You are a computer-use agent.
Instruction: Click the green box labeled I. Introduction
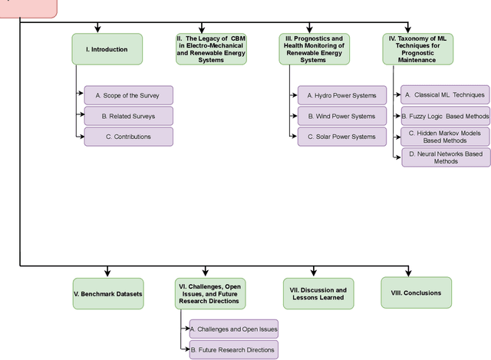click(107, 49)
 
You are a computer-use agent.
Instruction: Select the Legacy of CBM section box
click(200, 49)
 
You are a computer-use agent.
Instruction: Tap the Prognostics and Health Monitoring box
click(313, 49)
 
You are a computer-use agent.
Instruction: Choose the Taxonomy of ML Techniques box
click(414, 49)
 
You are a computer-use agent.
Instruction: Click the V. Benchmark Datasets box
click(107, 293)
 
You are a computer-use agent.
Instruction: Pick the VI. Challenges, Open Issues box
click(209, 293)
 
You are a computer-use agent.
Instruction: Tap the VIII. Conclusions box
click(416, 292)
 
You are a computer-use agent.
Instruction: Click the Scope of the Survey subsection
click(128, 95)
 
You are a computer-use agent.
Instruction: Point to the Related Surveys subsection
click(128, 116)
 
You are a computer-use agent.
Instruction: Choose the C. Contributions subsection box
click(128, 137)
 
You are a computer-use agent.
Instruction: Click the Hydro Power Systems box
click(341, 95)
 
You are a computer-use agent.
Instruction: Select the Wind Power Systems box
click(341, 116)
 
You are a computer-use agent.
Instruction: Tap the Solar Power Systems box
click(341, 137)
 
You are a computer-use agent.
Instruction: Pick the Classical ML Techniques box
click(445, 95)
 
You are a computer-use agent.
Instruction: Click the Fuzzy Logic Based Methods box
click(445, 116)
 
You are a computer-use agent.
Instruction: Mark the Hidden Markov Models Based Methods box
click(445, 137)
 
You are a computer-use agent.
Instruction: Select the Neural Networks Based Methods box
click(445, 157)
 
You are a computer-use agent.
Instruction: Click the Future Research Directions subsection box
click(232, 349)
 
